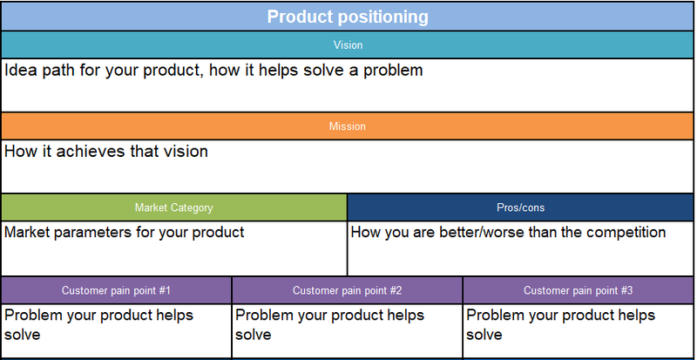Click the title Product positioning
348,17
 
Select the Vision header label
348,45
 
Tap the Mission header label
348,126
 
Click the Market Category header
173,207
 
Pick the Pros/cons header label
520,207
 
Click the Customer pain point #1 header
116,290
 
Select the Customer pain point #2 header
347,290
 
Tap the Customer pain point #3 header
578,290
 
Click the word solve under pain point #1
23,335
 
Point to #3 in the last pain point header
626,290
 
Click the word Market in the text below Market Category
24,232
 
